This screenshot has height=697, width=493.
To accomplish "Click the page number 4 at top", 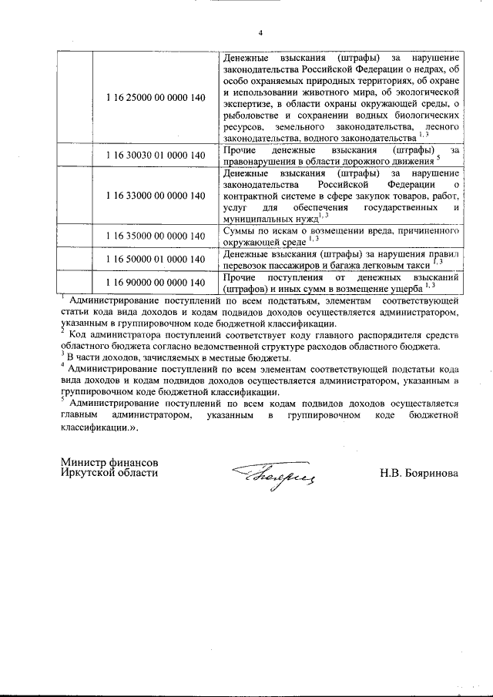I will tap(260, 32).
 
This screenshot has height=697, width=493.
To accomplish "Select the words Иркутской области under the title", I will tap(109, 472).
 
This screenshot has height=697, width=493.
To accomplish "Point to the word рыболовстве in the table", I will tap(253, 114).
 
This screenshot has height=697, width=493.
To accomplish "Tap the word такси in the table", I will tap(414, 264).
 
